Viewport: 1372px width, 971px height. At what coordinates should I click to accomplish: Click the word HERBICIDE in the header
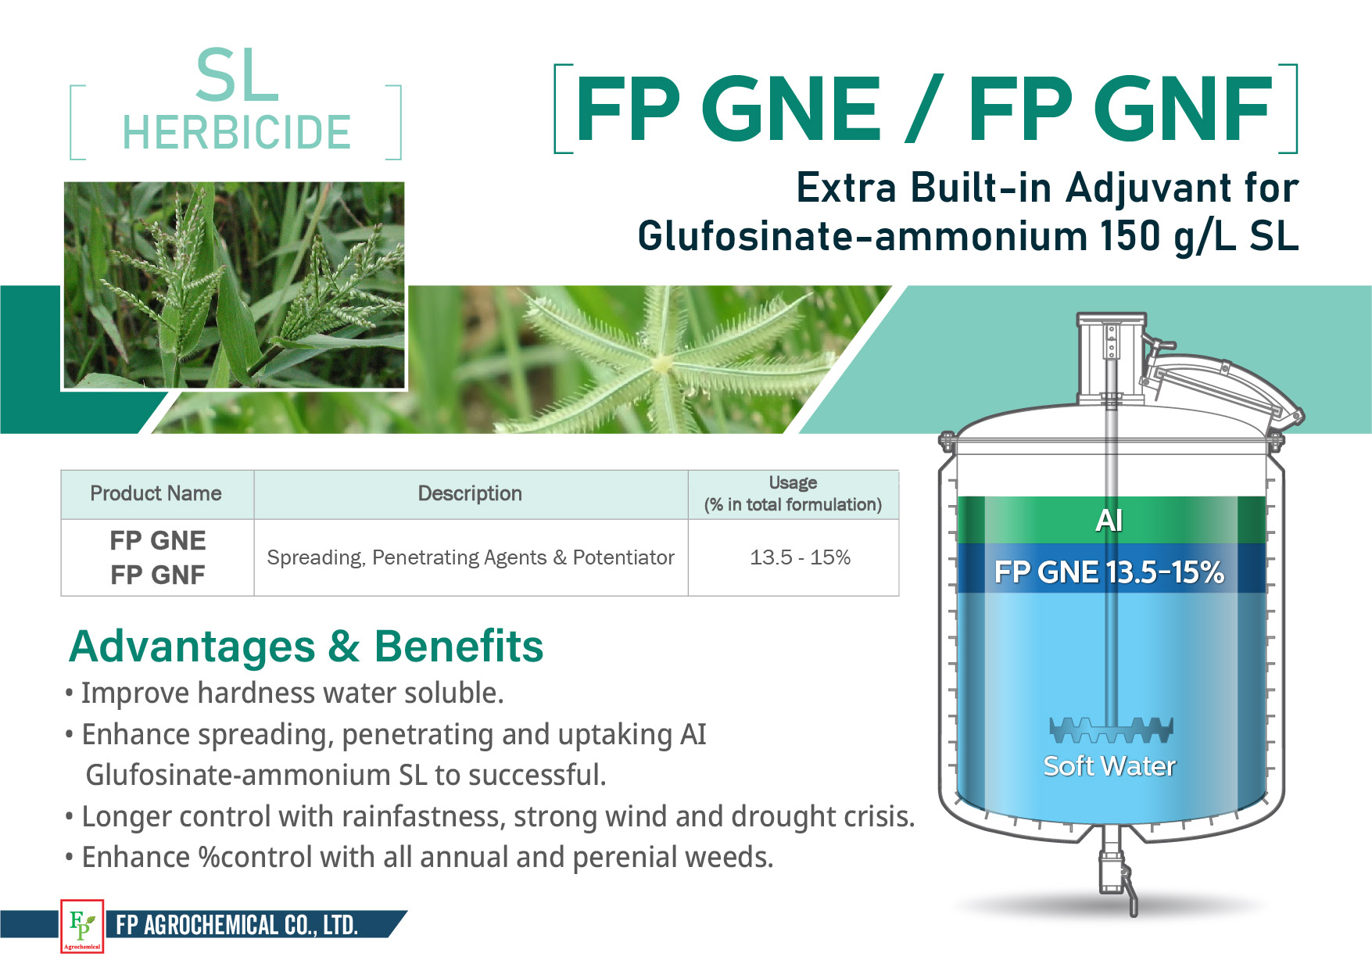pyautogui.click(x=236, y=132)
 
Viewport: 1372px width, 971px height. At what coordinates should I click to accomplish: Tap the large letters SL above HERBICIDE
pyautogui.click(x=237, y=76)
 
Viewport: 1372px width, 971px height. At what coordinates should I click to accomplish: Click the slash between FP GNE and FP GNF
pyautogui.click(x=924, y=109)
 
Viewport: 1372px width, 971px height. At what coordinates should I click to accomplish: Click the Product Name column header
pyautogui.click(x=156, y=493)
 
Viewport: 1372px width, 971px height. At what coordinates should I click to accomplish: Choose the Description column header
pyautogui.click(x=470, y=493)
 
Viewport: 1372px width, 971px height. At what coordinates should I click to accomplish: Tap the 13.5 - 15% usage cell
pyautogui.click(x=800, y=557)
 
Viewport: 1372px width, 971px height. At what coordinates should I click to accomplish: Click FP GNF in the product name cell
pyautogui.click(x=157, y=575)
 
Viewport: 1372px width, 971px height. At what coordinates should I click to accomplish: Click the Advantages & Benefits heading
pyautogui.click(x=306, y=647)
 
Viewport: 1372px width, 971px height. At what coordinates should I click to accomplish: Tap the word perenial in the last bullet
pyautogui.click(x=625, y=858)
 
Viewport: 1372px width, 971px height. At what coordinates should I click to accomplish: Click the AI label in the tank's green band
pyautogui.click(x=1109, y=520)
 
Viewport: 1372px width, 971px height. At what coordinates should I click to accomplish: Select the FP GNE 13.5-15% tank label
pyautogui.click(x=1109, y=572)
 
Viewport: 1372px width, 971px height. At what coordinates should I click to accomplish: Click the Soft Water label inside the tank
pyautogui.click(x=1109, y=766)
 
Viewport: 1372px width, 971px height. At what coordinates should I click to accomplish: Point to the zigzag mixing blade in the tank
pyautogui.click(x=1111, y=729)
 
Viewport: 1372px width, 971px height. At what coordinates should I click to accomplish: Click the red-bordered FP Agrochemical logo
pyautogui.click(x=82, y=926)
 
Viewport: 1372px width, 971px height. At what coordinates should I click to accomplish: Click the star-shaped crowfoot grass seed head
pyautogui.click(x=665, y=362)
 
